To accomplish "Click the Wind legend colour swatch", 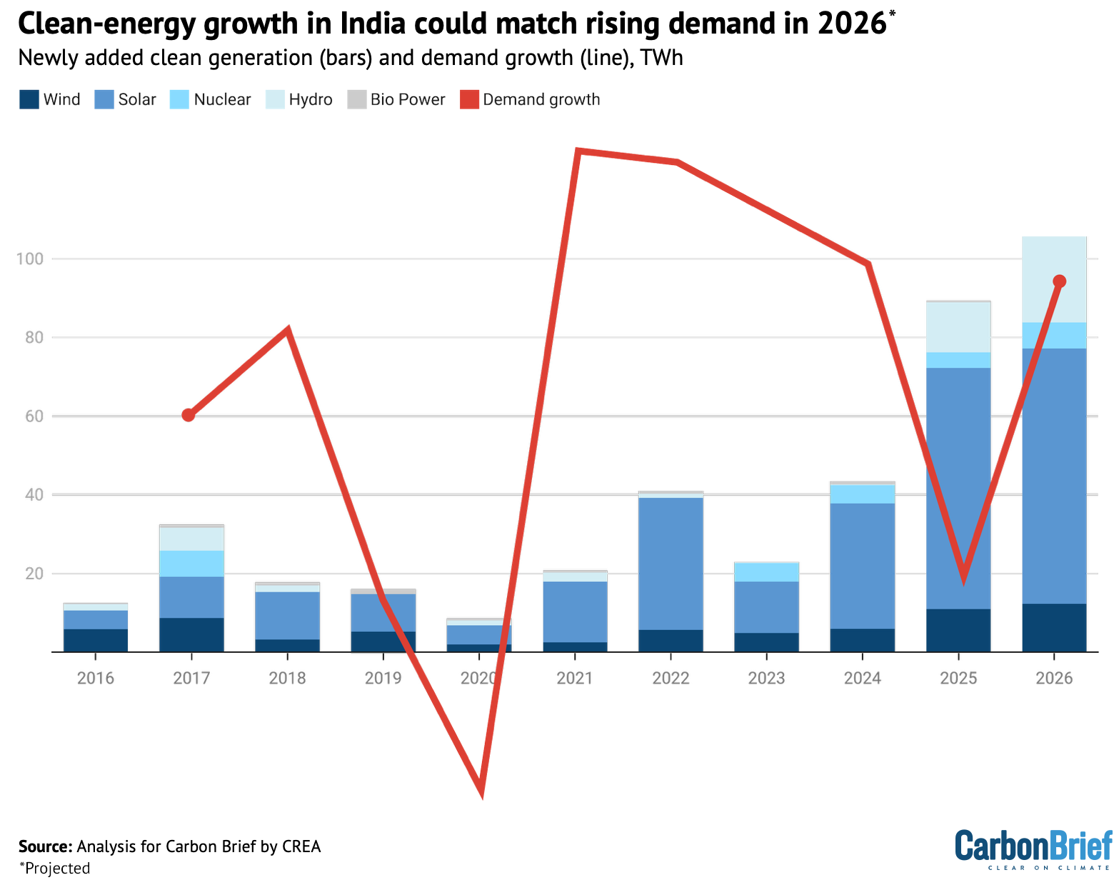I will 29,99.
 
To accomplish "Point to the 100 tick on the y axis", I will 29,259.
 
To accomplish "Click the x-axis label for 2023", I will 766,678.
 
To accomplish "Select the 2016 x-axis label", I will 96,678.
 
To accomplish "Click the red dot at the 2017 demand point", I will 188,415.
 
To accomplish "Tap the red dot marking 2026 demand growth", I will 1060,281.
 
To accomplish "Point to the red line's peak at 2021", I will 578,151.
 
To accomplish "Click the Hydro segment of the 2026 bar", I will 1054,279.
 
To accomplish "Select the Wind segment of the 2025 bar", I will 958,630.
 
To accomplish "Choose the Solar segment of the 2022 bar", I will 671,563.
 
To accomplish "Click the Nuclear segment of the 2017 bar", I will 191,564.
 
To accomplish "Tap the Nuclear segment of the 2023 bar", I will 766,572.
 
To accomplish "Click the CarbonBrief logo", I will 1033,849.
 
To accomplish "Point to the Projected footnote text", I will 56,868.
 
